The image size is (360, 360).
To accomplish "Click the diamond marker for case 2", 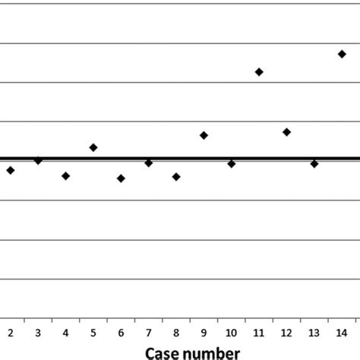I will [x=11, y=170].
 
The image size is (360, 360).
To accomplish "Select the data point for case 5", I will [x=93, y=147].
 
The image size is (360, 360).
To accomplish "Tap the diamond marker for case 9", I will [x=204, y=135].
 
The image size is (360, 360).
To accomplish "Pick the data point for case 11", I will [x=259, y=71].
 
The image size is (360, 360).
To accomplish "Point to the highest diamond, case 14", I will [x=342, y=54].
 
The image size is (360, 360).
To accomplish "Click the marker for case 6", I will [x=121, y=178].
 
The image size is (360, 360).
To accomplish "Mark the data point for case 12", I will [x=286, y=132].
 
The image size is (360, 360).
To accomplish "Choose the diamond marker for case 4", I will [x=66, y=175].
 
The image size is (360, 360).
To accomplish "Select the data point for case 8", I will [x=176, y=177].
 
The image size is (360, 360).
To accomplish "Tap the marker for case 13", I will [x=314, y=163].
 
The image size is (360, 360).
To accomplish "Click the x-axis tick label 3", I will [x=38, y=333].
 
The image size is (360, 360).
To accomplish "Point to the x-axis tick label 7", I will [x=149, y=333].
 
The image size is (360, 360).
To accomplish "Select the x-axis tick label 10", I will [x=231, y=333].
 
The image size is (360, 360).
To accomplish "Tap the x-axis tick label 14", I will [x=342, y=333].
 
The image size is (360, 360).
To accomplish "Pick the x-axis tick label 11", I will [x=259, y=333].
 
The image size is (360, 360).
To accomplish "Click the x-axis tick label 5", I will [x=93, y=333].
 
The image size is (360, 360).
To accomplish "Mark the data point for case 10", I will [x=231, y=163].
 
